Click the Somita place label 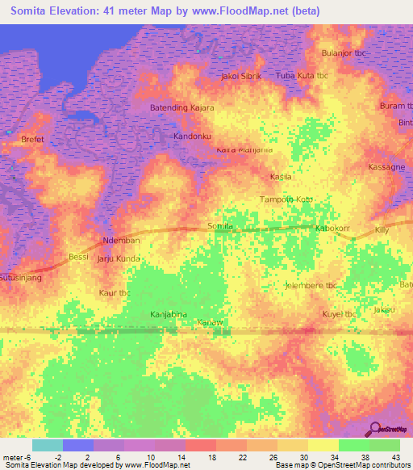pyautogui.click(x=221, y=227)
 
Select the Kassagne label pyautogui.click(x=386, y=166)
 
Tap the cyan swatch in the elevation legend pyautogui.click(x=47, y=445)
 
